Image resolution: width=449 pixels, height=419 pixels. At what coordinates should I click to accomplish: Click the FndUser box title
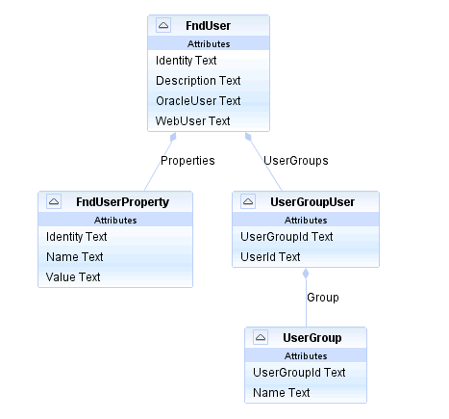[x=208, y=26]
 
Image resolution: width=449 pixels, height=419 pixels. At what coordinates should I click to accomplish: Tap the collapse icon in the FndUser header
[x=163, y=25]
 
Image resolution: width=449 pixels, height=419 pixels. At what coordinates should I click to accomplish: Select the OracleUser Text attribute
[x=198, y=101]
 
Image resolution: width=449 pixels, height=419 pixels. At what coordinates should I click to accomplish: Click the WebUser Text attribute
[x=192, y=121]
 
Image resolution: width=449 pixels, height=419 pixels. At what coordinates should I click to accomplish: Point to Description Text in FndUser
[x=198, y=81]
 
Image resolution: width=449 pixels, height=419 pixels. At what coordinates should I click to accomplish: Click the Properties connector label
[x=187, y=161]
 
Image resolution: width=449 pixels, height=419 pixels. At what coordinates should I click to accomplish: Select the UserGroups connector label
[x=296, y=161]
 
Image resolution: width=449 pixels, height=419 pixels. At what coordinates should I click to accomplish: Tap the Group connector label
[x=323, y=298]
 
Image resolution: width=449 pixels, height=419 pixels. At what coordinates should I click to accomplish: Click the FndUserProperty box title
[x=122, y=202]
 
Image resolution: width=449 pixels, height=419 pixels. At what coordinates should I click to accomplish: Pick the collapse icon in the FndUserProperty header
[x=54, y=201]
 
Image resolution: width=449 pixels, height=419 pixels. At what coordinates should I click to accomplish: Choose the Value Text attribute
[x=73, y=277]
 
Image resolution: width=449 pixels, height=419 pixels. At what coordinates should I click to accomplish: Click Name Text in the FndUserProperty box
[x=75, y=257]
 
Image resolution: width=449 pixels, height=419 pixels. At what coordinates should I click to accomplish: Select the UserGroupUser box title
[x=312, y=202]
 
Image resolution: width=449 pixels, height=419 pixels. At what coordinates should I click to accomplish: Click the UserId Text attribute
[x=270, y=257]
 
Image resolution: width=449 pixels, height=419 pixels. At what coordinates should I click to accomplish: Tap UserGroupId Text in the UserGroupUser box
[x=287, y=237]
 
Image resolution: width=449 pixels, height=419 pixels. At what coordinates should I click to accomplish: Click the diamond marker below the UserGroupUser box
[x=306, y=274]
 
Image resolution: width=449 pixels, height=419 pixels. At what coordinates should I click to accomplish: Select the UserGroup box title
[x=312, y=338]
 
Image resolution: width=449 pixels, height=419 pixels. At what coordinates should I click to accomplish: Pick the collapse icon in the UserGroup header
[x=261, y=337]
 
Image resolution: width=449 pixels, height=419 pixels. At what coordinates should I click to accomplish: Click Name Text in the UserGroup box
[x=282, y=393]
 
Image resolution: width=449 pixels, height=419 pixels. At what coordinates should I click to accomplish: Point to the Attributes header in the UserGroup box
[x=306, y=356]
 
